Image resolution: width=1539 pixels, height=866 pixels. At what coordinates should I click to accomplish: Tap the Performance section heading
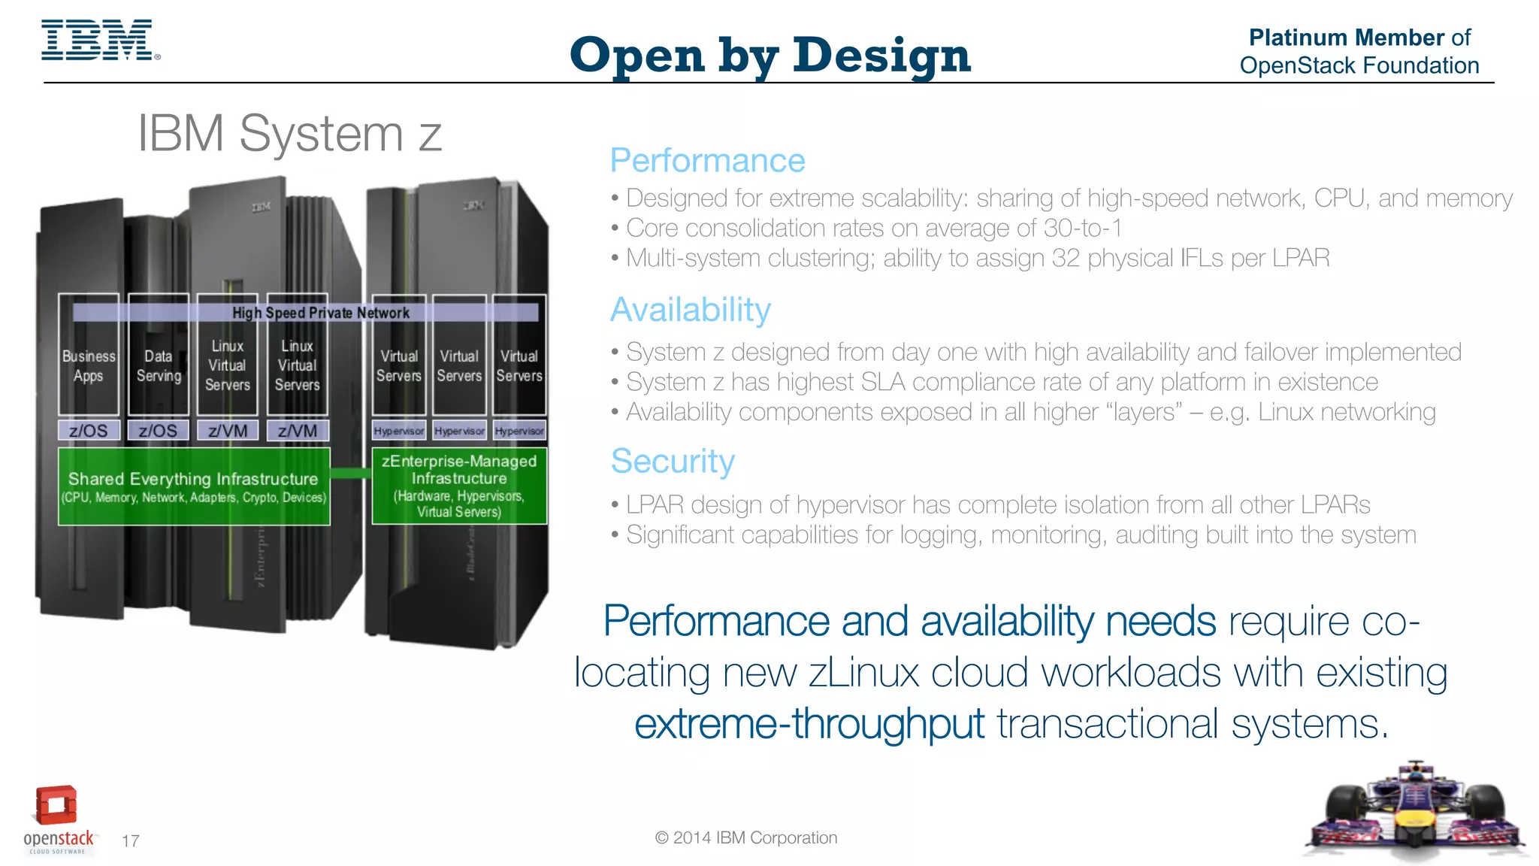[x=707, y=161]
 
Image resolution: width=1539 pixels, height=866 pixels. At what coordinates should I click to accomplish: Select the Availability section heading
[x=690, y=310]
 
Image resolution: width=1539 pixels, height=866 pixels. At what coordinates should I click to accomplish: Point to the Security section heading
[x=673, y=461]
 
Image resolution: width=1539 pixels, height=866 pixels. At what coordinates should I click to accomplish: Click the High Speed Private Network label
[x=320, y=313]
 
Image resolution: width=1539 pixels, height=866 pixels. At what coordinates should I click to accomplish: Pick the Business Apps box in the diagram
[x=89, y=366]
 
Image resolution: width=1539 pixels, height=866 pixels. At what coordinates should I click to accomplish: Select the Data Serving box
[x=159, y=366]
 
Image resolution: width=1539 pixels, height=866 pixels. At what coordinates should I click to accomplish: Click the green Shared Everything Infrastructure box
[x=194, y=486]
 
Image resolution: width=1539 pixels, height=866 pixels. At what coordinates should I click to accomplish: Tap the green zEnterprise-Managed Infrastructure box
[x=459, y=486]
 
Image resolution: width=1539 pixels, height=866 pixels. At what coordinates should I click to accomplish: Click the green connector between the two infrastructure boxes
[x=351, y=473]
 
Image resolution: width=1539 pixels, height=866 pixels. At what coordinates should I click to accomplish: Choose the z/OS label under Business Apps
[x=89, y=431]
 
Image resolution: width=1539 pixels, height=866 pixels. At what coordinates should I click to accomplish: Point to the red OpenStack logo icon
[x=56, y=805]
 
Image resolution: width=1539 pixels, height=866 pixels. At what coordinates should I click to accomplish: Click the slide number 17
[x=131, y=841]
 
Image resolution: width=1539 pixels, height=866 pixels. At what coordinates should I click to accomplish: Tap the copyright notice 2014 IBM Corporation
[x=746, y=838]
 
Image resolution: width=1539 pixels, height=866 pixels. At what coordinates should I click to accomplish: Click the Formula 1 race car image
[x=1416, y=813]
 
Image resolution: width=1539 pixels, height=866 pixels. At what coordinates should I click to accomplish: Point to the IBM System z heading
[x=289, y=134]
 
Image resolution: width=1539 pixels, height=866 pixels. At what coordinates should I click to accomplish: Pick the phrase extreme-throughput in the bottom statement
[x=809, y=724]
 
